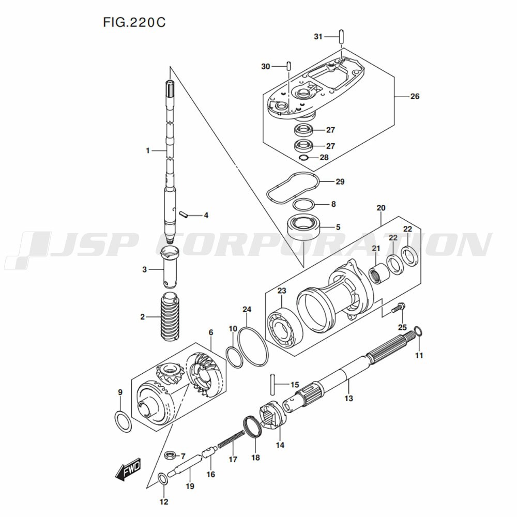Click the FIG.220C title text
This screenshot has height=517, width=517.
[x=134, y=22]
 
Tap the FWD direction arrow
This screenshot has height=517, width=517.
[x=128, y=469]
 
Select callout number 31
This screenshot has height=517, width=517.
[x=318, y=37]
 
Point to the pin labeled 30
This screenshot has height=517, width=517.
[x=288, y=66]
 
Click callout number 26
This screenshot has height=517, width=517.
[x=415, y=96]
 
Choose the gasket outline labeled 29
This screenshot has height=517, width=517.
[x=293, y=189]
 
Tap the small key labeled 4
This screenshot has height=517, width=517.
[x=184, y=215]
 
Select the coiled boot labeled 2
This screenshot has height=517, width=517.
[x=170, y=317]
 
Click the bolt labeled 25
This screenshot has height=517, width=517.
[x=398, y=308]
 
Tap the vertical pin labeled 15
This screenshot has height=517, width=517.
[x=272, y=384]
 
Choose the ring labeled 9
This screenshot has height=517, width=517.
[x=123, y=422]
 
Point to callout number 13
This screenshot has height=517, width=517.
[x=348, y=398]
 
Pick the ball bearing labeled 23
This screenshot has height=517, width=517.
[x=285, y=328]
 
